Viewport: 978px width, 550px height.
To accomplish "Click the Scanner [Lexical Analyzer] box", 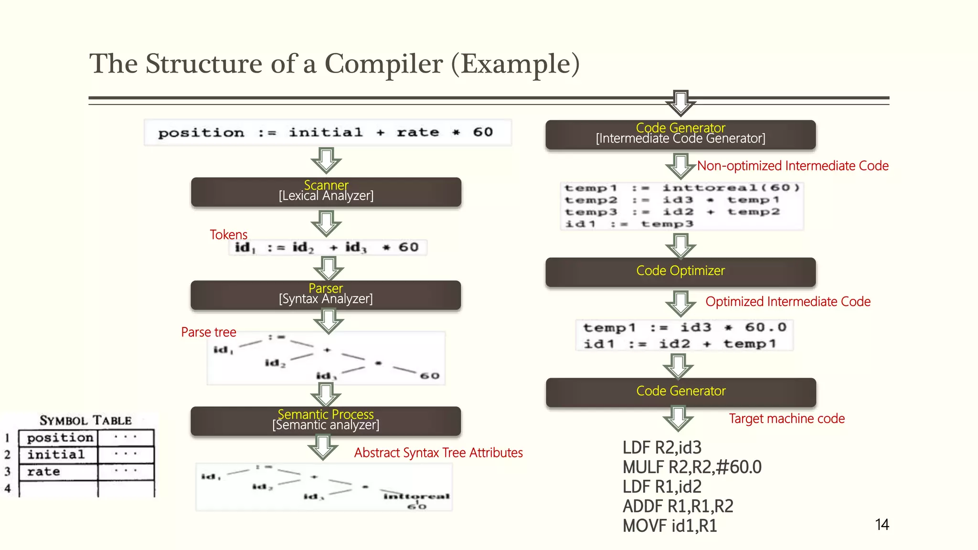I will click(x=326, y=192).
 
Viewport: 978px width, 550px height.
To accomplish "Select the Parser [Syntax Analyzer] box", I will click(x=326, y=295).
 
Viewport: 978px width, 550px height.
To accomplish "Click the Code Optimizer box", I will click(x=680, y=272).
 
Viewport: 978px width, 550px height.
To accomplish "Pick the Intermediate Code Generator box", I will click(x=680, y=134).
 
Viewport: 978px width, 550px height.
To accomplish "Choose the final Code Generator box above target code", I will click(x=681, y=392).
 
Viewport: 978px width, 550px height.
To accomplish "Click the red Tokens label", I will click(x=228, y=235).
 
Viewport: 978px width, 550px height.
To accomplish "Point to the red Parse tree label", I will click(x=209, y=332).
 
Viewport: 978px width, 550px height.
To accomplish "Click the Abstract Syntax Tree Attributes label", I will click(x=438, y=453).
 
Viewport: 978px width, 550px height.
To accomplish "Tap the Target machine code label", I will click(x=787, y=419).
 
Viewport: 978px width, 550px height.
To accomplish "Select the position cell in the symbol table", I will click(x=60, y=437).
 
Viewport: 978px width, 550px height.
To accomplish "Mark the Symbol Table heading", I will click(x=85, y=421).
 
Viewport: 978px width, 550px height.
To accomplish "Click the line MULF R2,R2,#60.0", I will click(x=692, y=467).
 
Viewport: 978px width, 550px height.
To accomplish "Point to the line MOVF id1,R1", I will click(x=670, y=526).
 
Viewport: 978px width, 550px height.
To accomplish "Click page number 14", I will click(x=882, y=525).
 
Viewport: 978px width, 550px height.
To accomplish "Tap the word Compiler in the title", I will click(x=383, y=64).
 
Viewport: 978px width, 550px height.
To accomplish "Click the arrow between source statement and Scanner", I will click(x=326, y=160).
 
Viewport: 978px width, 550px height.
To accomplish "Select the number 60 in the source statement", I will click(x=483, y=132).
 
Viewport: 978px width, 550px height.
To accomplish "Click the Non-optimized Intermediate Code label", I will click(x=793, y=166).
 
